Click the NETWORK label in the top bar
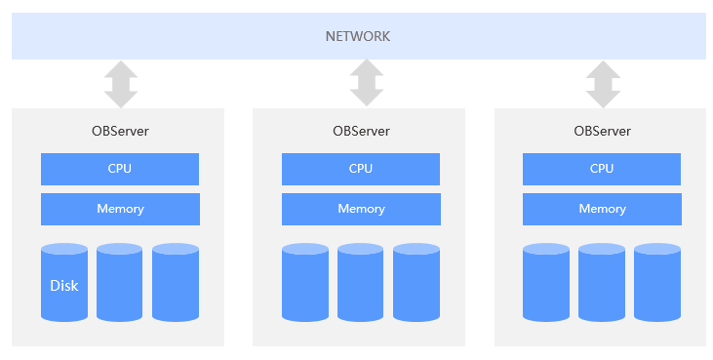click(x=357, y=36)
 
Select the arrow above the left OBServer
click(x=120, y=84)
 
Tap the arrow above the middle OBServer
click(x=366, y=84)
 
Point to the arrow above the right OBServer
click(x=602, y=84)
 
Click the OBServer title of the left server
click(x=119, y=131)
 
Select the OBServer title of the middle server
click(x=361, y=131)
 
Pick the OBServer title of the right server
click(x=602, y=131)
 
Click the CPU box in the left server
click(x=119, y=169)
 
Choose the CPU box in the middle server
click(x=361, y=169)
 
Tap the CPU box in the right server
click(x=602, y=169)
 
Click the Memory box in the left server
click(x=119, y=209)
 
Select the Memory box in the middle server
click(x=361, y=209)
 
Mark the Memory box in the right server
click(x=602, y=209)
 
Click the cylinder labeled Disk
click(x=64, y=283)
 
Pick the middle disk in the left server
click(x=120, y=283)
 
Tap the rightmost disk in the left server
click(x=176, y=283)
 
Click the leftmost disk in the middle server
click(x=305, y=283)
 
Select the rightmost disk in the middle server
click(x=416, y=283)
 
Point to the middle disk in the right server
click(x=602, y=283)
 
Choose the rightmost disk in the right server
click(x=657, y=283)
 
